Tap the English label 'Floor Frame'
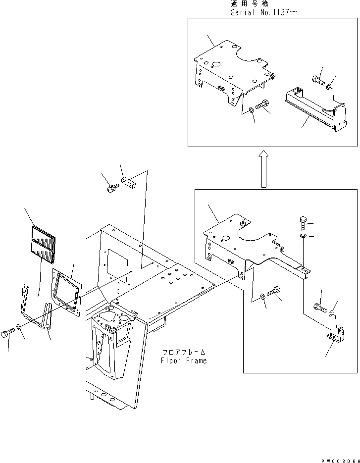coord(184,360)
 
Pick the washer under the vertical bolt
coord(303,236)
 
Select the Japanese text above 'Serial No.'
coord(248,3)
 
